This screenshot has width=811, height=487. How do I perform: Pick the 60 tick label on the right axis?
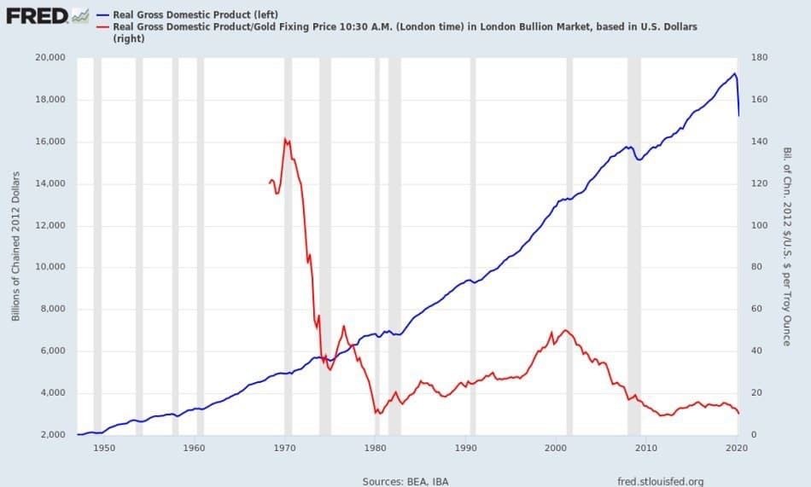coord(756,309)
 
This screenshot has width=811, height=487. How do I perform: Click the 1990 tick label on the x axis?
coord(465,447)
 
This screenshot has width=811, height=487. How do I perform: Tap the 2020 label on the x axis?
coord(737,447)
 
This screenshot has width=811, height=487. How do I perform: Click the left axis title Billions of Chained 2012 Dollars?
coord(16,246)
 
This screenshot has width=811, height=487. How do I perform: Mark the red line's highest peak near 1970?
coord(284,138)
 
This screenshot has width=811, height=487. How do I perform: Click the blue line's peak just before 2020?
coord(734,73)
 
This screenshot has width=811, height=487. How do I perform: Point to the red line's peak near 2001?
coord(565,330)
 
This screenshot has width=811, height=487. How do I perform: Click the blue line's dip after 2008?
coord(639,159)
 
